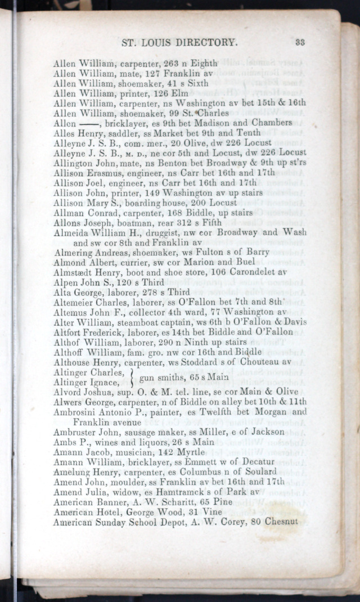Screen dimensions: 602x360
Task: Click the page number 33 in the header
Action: pos(299,42)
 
